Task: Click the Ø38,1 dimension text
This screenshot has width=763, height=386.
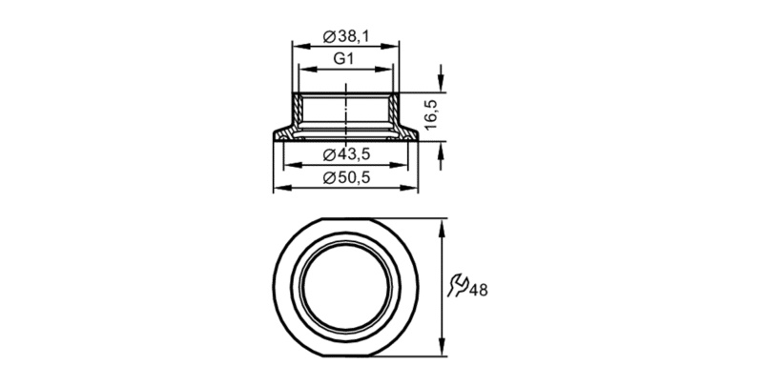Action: coord(346,36)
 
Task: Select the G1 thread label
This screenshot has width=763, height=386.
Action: coord(343,59)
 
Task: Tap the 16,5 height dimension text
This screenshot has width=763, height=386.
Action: coord(431,114)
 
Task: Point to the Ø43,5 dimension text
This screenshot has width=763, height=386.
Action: coord(346,154)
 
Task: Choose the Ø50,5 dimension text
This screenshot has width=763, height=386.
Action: coord(346,178)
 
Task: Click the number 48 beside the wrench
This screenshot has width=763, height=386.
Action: coord(479,291)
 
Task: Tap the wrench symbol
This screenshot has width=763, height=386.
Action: coord(458,285)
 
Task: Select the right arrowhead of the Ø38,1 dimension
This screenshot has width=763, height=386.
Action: coord(390,47)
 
